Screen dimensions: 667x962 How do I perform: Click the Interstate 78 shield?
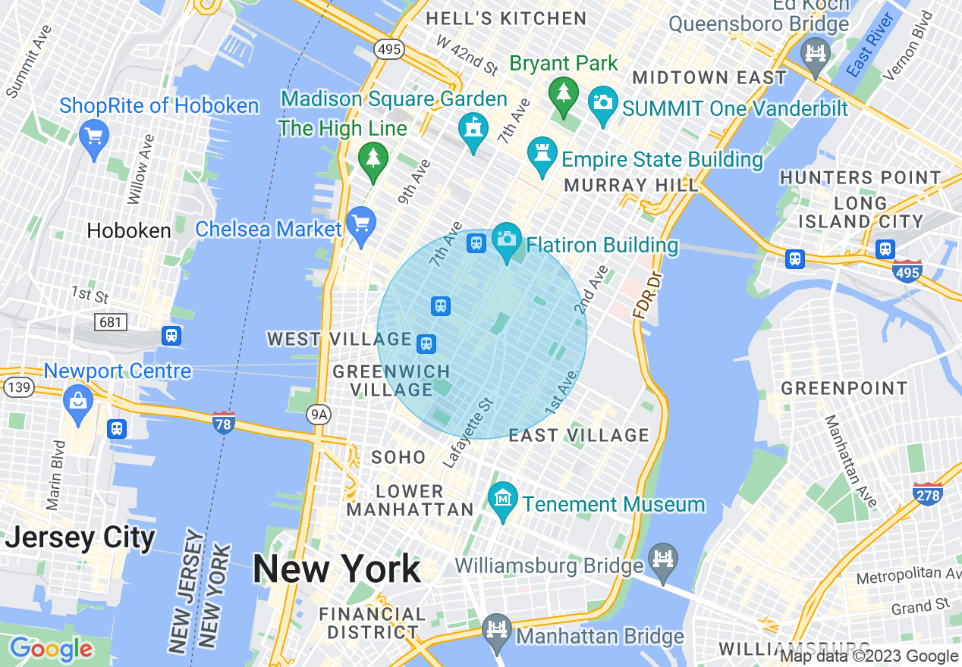223,422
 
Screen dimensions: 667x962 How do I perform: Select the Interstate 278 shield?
928,493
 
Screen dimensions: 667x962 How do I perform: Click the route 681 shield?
110,322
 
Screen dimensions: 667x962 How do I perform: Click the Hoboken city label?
129,230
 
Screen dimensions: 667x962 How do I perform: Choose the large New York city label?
337,568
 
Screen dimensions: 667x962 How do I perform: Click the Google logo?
51,650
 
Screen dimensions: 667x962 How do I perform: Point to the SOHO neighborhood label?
398,457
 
